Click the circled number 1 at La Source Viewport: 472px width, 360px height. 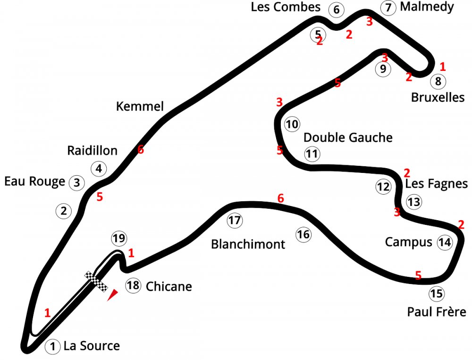(x=53, y=347)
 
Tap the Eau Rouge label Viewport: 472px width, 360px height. (x=34, y=182)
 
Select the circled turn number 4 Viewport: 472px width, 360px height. (x=99, y=168)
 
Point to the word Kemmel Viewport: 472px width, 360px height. (x=140, y=107)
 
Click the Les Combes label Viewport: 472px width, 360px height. (x=286, y=7)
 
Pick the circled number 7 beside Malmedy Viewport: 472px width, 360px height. (x=388, y=8)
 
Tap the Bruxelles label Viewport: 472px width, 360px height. (x=438, y=97)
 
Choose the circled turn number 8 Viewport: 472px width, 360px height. (x=438, y=82)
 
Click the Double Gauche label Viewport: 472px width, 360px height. (x=348, y=137)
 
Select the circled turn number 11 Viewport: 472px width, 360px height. (x=312, y=154)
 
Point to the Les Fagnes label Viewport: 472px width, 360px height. (x=437, y=184)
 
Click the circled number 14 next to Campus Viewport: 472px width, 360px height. (x=445, y=242)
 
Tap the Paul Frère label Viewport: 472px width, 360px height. (x=437, y=312)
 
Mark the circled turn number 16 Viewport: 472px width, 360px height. (x=303, y=234)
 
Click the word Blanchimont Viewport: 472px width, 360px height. (x=248, y=244)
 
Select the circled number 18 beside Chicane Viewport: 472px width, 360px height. (x=133, y=285)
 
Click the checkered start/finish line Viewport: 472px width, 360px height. (x=97, y=282)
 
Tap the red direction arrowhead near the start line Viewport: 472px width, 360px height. (x=112, y=296)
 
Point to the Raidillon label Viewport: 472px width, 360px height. (x=92, y=151)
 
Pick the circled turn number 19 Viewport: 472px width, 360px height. (x=119, y=238)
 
